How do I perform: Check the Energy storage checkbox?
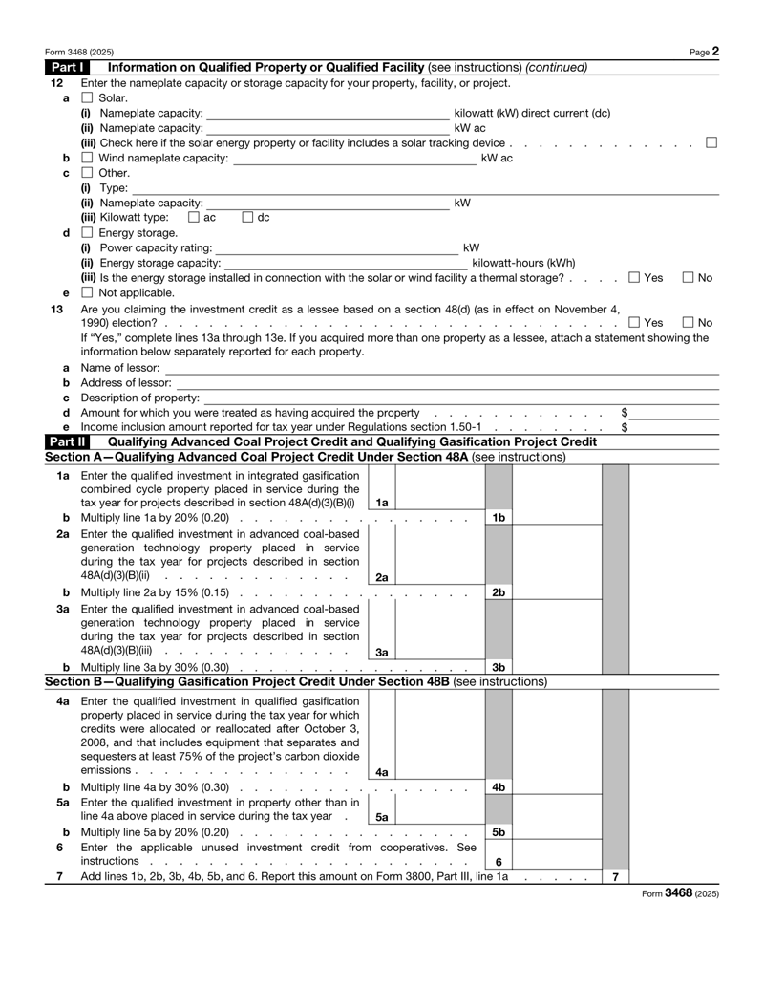(87, 233)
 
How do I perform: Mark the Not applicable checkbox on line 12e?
(87, 292)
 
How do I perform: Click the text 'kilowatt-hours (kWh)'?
(524, 263)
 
